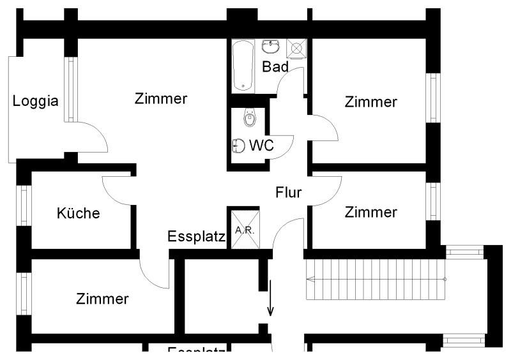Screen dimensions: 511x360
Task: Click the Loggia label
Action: (36, 101)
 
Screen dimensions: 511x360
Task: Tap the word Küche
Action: (78, 213)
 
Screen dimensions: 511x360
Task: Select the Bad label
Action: (275, 66)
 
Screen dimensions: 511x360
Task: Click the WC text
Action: (261, 146)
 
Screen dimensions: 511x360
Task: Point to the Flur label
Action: (289, 192)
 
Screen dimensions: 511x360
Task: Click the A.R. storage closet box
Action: (245, 230)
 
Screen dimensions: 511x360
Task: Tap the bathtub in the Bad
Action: (243, 66)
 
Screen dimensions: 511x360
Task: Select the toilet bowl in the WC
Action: (249, 118)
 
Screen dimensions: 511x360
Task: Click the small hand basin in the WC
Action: (238, 146)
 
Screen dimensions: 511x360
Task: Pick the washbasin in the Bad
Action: (271, 47)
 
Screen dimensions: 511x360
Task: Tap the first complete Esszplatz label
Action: (196, 237)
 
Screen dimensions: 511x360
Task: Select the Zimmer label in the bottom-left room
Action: (102, 299)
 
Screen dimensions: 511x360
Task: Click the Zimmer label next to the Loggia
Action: (161, 99)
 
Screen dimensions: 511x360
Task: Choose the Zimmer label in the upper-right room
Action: (370, 101)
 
